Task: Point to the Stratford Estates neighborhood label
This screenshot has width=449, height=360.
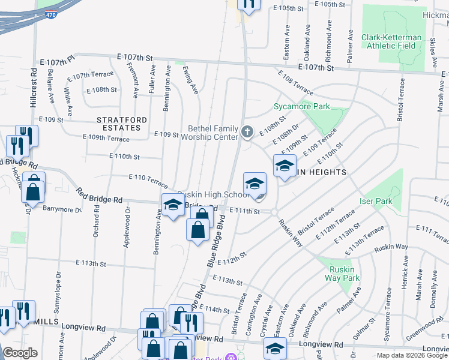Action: point(122,124)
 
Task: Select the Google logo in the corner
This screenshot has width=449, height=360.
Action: point(20,353)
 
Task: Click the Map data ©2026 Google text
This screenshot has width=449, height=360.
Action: point(412,355)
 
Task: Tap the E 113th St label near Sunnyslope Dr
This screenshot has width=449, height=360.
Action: point(91,263)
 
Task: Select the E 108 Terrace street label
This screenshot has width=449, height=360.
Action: point(295,82)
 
